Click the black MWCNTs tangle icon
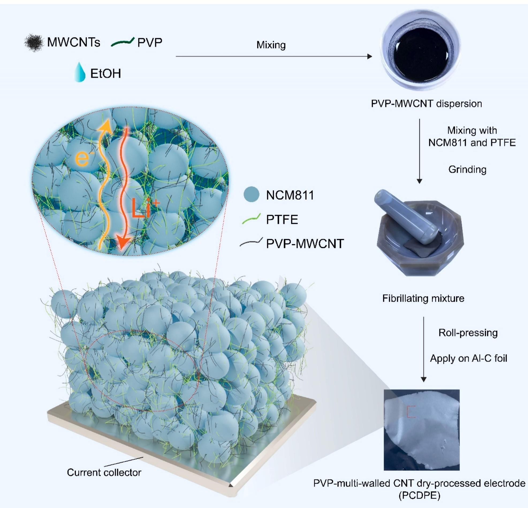[34, 43]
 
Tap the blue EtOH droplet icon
[80, 72]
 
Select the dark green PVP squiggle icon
[123, 42]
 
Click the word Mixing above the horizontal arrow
[271, 45]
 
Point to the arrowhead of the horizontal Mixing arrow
[370, 56]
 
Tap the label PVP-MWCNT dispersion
[426, 104]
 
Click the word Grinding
[468, 169]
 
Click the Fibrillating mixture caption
[423, 299]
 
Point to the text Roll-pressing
[468, 333]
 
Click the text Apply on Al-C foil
[469, 358]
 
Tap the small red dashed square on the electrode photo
[411, 412]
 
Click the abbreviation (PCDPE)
[419, 495]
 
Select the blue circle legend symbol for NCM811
[251, 194]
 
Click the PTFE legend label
[282, 220]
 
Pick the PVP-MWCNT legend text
[305, 244]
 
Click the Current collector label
[104, 472]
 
